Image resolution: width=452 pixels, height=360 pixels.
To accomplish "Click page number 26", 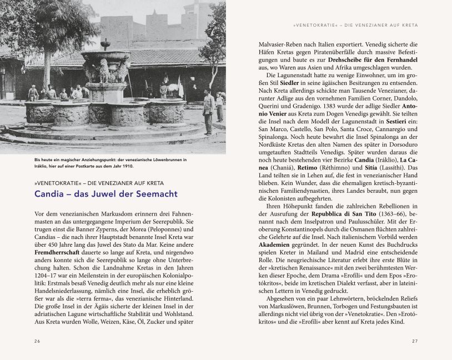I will tap(37, 341).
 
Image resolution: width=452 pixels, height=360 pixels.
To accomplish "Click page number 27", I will tap(414, 341).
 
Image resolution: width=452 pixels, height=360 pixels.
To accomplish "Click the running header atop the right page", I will tap(355, 25).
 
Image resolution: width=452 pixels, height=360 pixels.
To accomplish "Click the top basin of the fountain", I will tap(106, 54).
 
